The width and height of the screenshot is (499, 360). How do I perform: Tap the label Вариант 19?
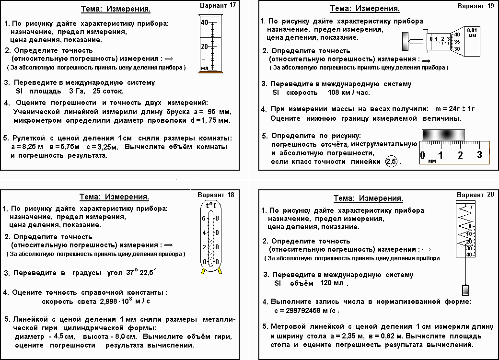point(476,6)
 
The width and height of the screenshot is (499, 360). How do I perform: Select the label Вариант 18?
point(216,195)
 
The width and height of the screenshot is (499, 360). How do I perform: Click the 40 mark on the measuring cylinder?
point(204,23)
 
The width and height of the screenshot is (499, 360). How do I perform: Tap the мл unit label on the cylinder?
point(205,68)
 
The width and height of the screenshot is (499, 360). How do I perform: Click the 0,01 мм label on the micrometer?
point(472,32)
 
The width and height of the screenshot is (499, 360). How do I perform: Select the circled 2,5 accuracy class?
point(392,162)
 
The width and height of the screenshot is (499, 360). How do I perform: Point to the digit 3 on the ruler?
point(479,155)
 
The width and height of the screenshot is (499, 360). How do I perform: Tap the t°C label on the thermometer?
point(210,206)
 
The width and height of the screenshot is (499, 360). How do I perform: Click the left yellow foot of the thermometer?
point(203,271)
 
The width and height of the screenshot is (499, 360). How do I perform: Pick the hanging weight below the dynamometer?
point(464,290)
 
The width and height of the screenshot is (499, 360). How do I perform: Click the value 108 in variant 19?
point(320,93)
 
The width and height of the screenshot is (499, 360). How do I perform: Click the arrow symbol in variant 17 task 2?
point(168,58)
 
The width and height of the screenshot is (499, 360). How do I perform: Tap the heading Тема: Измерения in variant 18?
point(114,197)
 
